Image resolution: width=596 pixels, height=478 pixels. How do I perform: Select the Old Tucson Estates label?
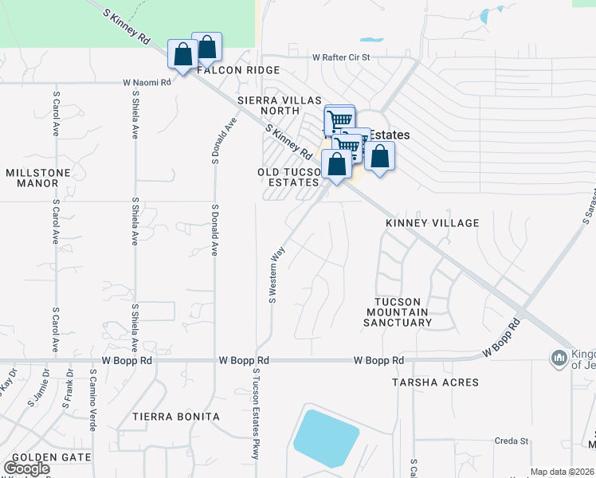288,178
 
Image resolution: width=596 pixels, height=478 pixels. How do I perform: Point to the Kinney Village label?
433,223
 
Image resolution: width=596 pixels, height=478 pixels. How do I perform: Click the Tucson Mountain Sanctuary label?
398,311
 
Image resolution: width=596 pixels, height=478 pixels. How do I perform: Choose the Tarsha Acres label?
435,382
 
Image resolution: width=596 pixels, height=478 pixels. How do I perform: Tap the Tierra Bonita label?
175,417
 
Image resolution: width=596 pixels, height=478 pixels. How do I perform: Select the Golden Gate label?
52,457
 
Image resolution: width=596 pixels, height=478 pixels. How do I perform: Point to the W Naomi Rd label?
147,82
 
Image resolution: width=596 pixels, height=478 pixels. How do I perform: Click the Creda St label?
511,441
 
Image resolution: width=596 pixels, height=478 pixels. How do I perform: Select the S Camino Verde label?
93,399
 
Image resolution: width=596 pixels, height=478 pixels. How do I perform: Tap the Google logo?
26,468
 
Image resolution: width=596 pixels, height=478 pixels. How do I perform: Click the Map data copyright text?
563,472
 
